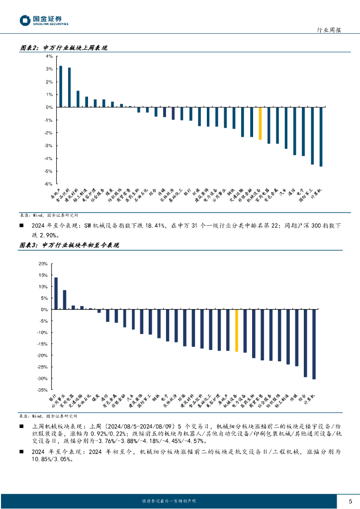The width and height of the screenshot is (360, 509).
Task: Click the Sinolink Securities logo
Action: (44, 20)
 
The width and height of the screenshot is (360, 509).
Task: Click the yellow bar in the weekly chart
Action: (260, 123)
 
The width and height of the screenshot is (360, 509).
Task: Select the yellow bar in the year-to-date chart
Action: (237, 331)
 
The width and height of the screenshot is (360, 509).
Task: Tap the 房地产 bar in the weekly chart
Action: (61, 86)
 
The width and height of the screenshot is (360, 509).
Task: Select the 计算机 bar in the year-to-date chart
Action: (314, 344)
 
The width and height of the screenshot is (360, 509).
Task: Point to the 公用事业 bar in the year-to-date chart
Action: (65, 300)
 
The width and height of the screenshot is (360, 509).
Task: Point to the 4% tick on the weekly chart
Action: (49, 56)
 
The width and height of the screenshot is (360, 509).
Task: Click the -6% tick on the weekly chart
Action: (49, 184)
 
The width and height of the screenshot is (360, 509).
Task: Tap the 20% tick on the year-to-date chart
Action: (43, 264)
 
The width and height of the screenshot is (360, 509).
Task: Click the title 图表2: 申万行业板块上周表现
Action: (63, 48)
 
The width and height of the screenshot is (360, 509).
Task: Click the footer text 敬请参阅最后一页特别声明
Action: (169, 501)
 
